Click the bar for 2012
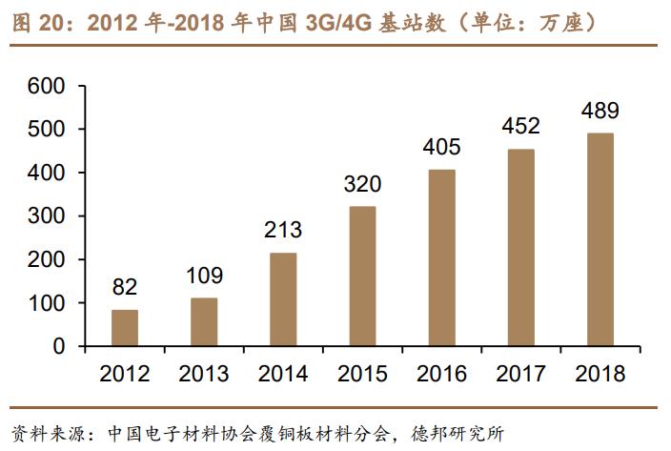(124, 328)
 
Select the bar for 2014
(283, 299)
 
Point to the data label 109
(203, 277)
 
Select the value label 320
(362, 184)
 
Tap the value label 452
(520, 126)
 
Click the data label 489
(600, 111)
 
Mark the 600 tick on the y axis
(46, 87)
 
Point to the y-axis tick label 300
(46, 216)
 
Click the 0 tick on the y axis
(58, 347)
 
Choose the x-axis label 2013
(203, 374)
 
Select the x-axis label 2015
(362, 374)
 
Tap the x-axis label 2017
(520, 374)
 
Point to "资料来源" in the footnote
(37, 430)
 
